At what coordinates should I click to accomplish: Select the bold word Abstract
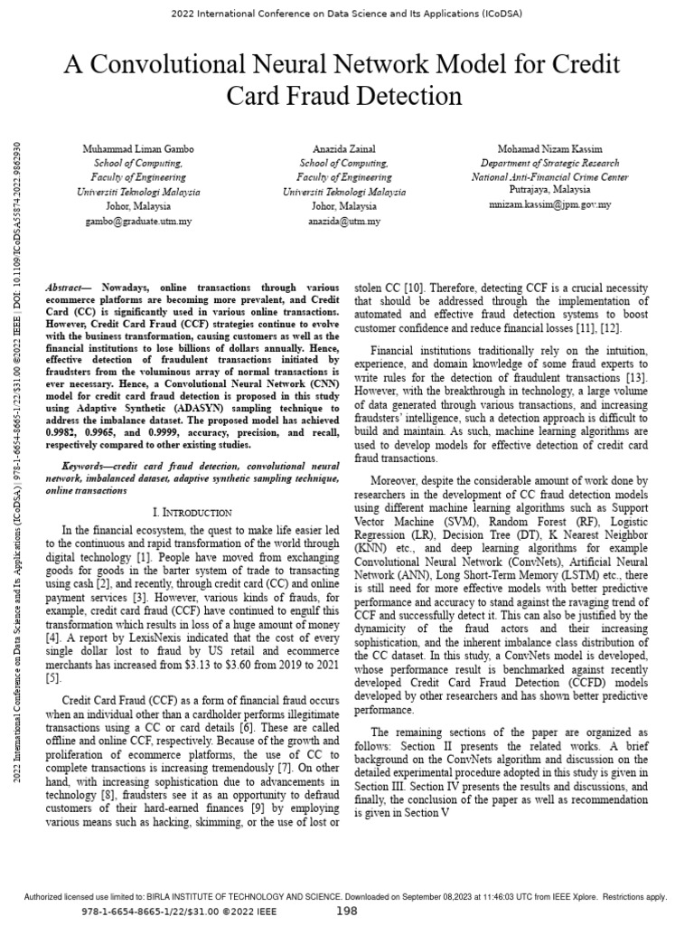[x=67, y=287]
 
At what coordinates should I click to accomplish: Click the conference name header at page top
[x=346, y=14]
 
